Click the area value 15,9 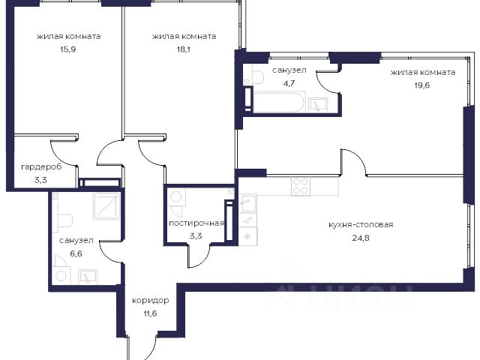[67, 49]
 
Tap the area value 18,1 [183, 49]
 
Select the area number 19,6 [422, 85]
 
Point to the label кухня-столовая [361, 225]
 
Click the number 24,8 [361, 238]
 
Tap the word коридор [150, 301]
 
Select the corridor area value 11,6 [150, 313]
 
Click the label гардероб [41, 167]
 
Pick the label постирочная [196, 223]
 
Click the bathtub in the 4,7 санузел [279, 102]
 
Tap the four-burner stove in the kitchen [301, 186]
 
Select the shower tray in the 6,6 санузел [106, 205]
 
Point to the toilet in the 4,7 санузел [258, 76]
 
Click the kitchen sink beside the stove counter [248, 202]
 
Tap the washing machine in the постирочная [176, 196]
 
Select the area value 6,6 [76, 253]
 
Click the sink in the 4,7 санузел [318, 105]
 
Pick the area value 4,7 [289, 83]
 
